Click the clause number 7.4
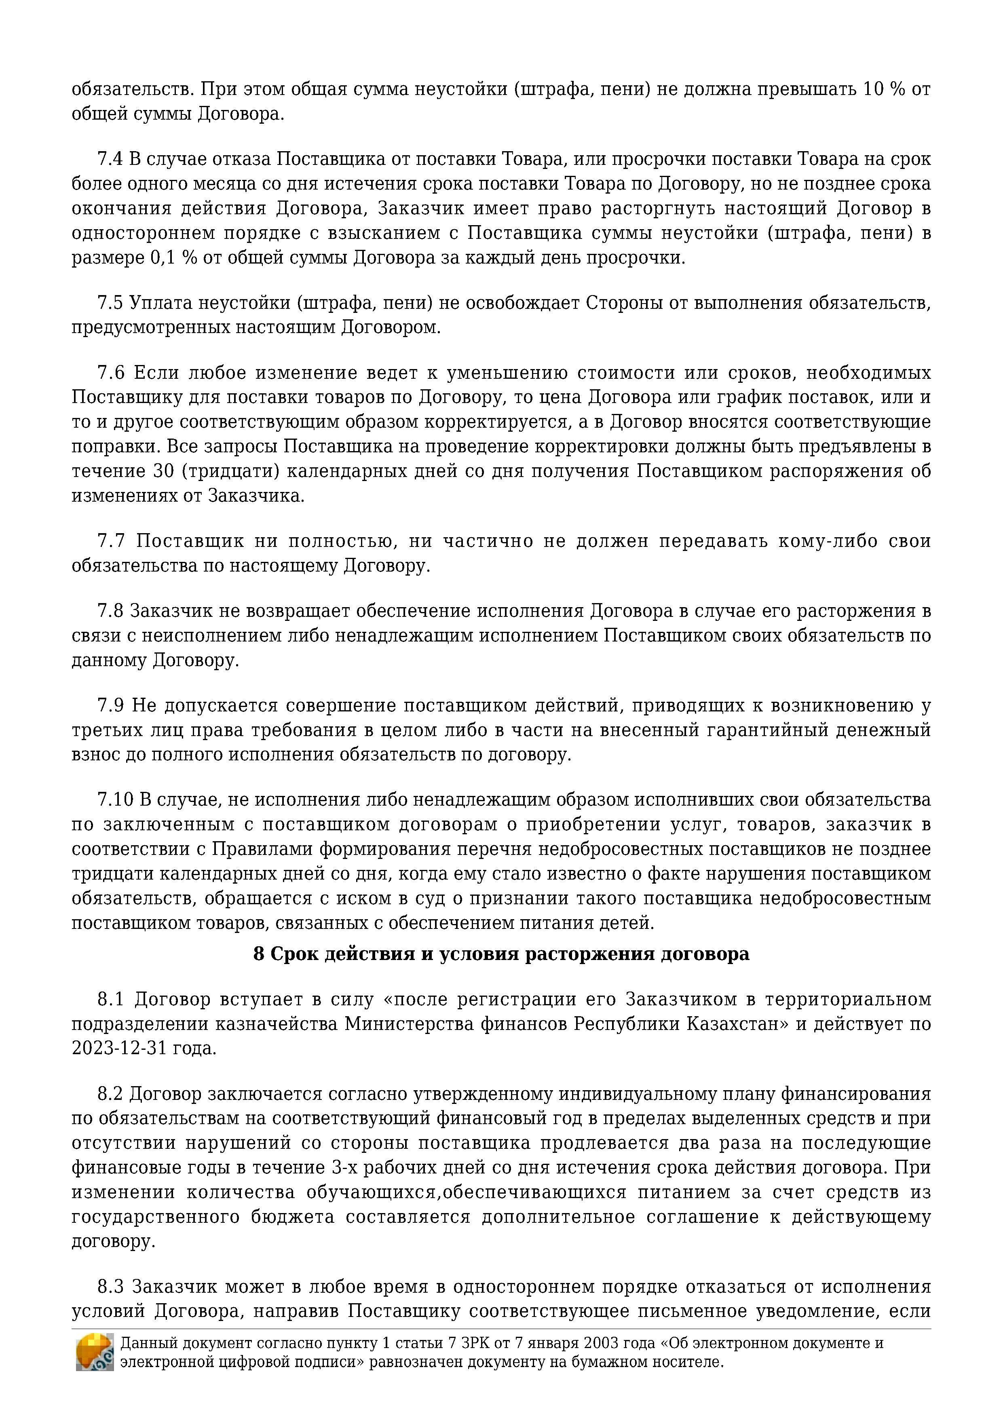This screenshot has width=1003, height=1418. [x=110, y=159]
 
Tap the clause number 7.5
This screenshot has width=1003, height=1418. [x=110, y=303]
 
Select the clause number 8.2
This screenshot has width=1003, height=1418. [x=110, y=1093]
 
